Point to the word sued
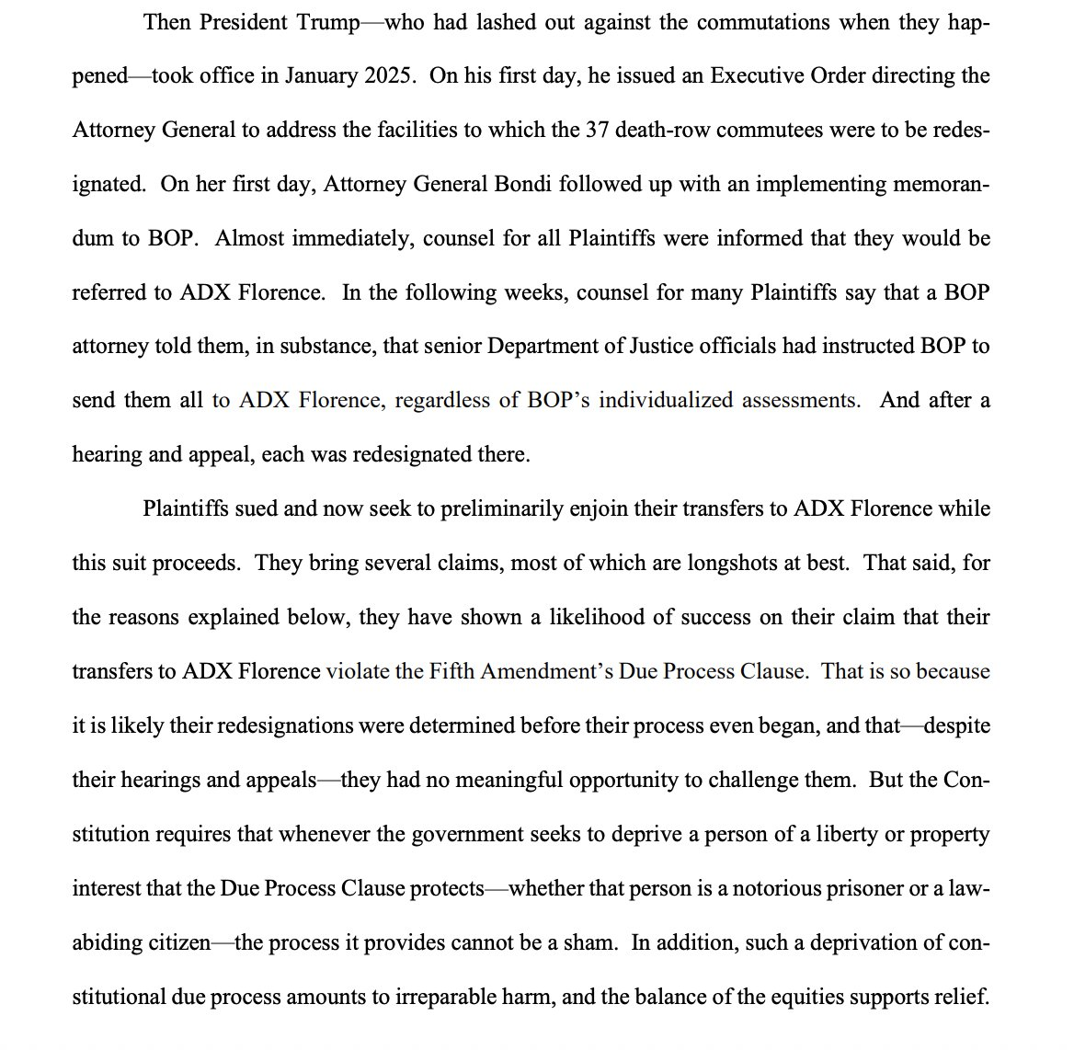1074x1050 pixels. pos(252,508)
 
